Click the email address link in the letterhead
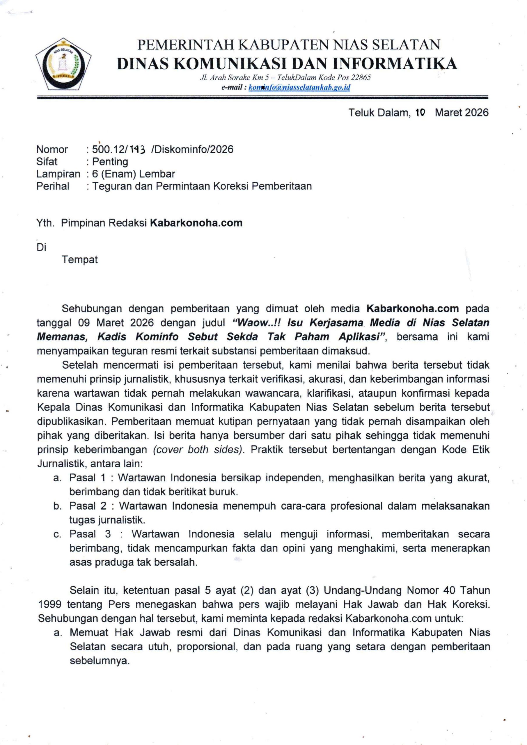coord(299,87)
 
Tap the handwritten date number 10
coord(420,113)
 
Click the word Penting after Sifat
coord(110,162)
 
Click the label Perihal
coord(53,186)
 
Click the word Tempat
coord(79,260)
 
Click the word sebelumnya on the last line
coord(100,661)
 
